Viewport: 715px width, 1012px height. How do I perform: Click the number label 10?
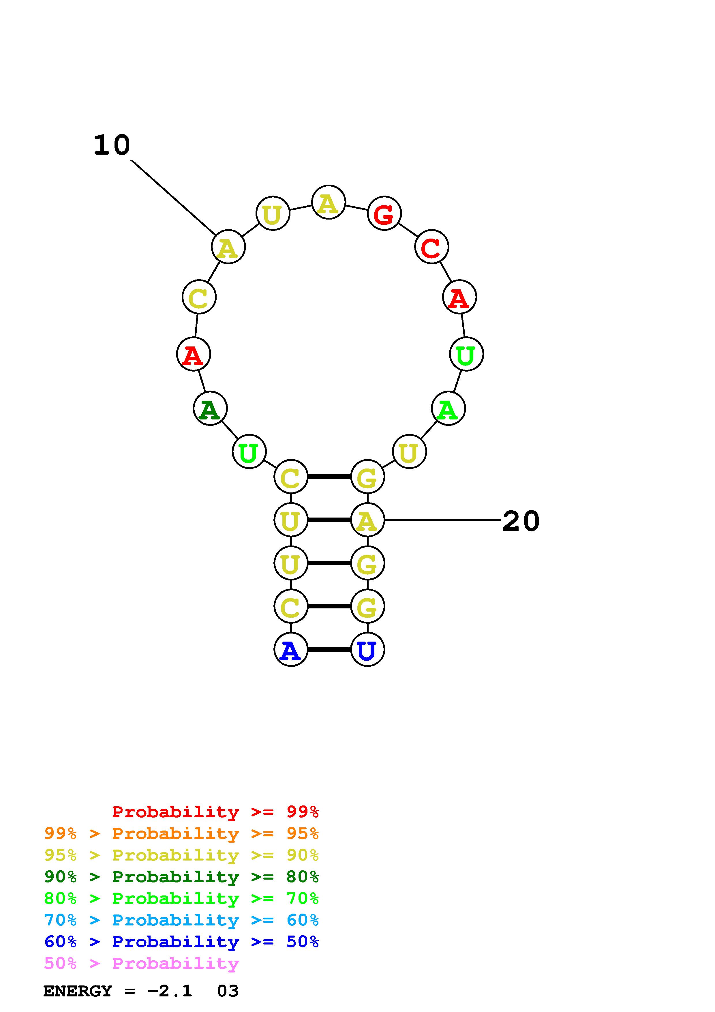[112, 145]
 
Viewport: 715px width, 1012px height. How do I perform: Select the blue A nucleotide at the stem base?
[290, 649]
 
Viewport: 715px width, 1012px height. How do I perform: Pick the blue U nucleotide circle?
[367, 649]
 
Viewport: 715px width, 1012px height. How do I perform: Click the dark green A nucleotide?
[210, 408]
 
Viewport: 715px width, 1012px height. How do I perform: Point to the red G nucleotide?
[384, 214]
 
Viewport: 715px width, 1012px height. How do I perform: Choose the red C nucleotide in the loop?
[431, 247]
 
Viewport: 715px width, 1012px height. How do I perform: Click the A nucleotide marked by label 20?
[367, 520]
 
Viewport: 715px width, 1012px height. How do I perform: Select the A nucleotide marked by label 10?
[228, 247]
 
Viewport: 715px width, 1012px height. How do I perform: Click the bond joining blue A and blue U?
[329, 649]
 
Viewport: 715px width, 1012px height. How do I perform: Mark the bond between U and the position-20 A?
[329, 520]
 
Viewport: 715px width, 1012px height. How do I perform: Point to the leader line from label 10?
[173, 197]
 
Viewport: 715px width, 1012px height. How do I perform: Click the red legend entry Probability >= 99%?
[215, 812]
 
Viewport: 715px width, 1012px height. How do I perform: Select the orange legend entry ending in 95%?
[181, 833]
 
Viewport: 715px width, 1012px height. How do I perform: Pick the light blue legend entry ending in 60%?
[181, 920]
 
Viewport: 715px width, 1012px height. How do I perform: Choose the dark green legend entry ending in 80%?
[181, 877]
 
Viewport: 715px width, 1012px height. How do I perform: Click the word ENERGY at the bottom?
[78, 991]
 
